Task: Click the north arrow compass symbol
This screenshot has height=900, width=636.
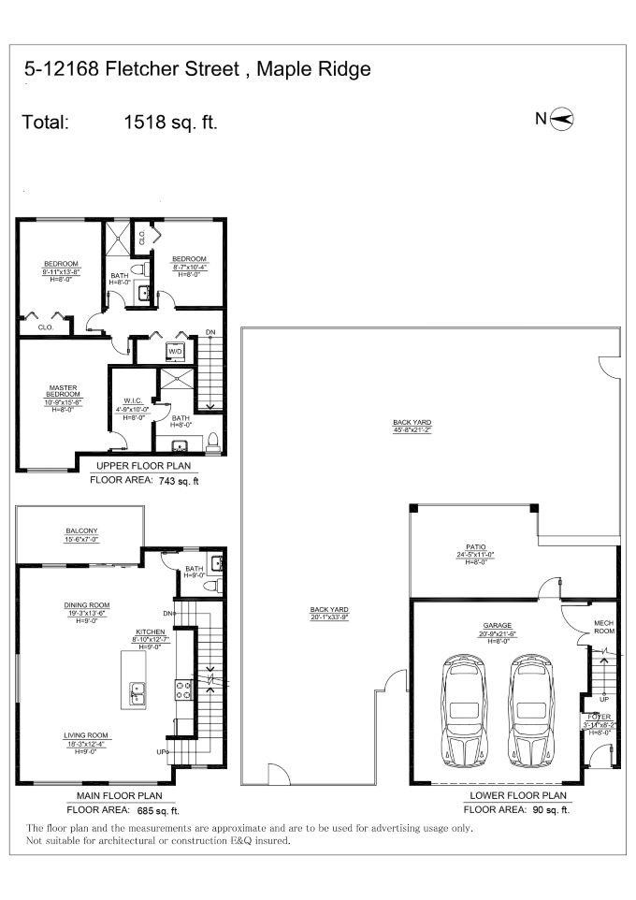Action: click(564, 118)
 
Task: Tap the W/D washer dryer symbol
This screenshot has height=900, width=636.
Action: click(175, 352)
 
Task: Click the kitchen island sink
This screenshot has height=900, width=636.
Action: click(137, 691)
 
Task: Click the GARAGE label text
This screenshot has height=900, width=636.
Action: click(497, 626)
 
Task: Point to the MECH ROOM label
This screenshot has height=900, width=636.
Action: click(604, 627)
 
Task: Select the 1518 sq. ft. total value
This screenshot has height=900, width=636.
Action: click(170, 122)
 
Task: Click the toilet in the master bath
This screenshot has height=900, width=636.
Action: click(212, 442)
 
